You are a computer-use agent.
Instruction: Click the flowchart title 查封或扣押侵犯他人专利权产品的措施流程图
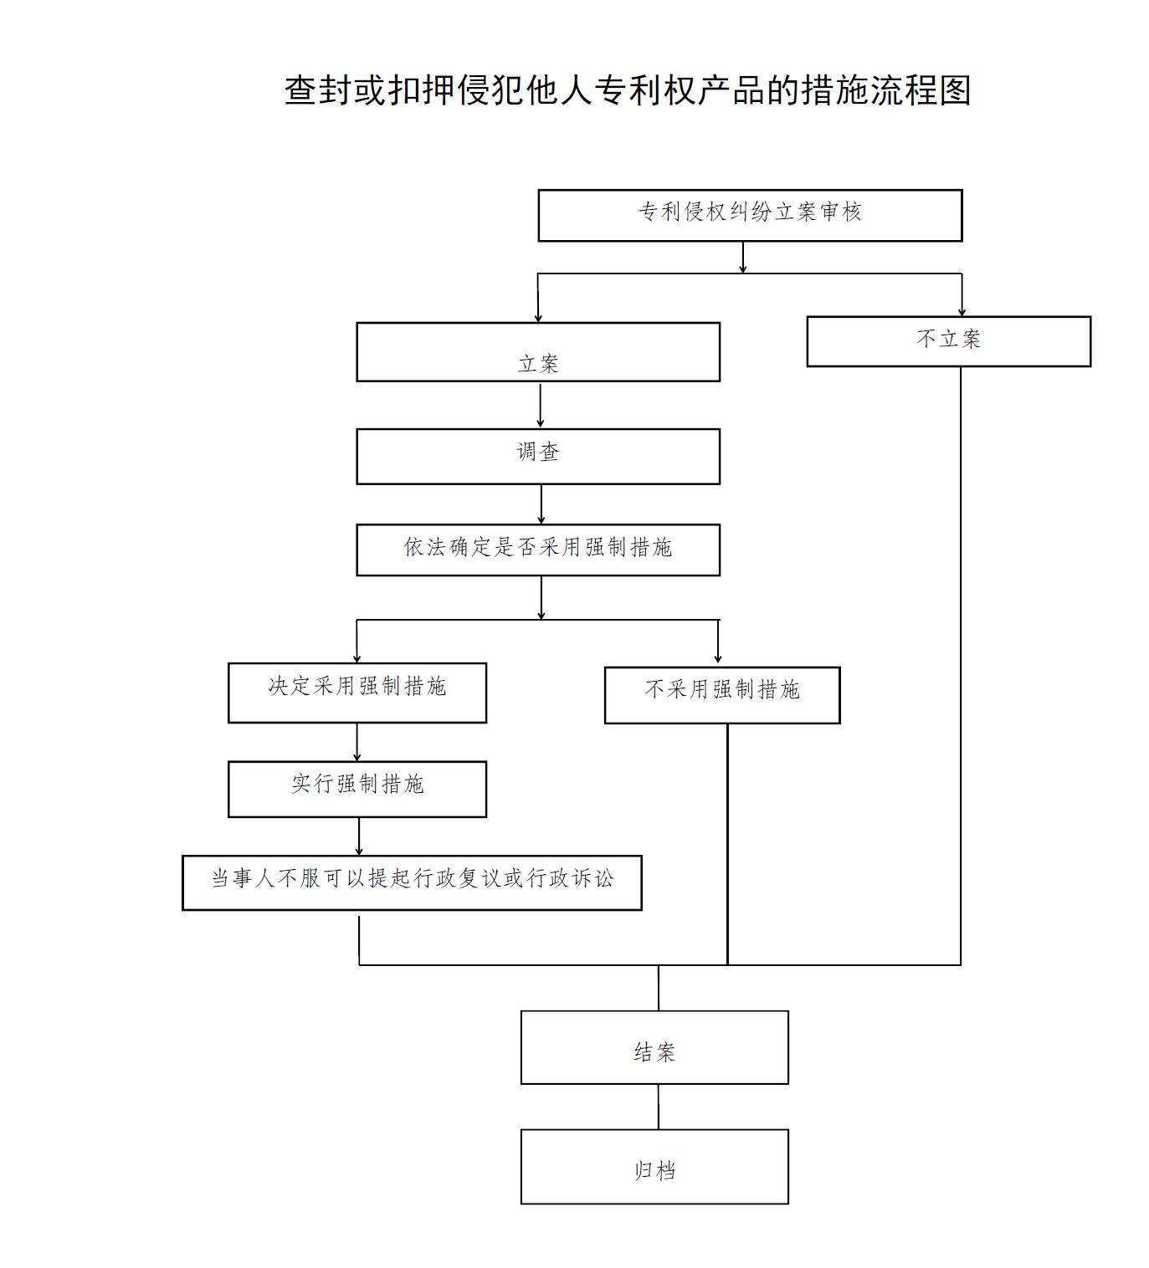[627, 89]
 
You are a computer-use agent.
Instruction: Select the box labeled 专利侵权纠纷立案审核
[750, 216]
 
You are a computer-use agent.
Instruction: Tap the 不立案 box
[948, 341]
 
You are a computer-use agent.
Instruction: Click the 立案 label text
[538, 364]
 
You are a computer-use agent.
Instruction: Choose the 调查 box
[538, 457]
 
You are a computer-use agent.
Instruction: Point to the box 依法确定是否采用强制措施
[538, 550]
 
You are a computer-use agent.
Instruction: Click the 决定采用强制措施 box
[356, 693]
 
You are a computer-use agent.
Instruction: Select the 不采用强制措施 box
[722, 695]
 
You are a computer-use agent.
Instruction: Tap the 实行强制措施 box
[356, 790]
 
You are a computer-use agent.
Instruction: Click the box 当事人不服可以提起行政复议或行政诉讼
[412, 883]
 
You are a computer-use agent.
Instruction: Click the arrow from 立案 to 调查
[540, 405]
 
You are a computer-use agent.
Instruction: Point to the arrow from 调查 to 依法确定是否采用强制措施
[541, 505]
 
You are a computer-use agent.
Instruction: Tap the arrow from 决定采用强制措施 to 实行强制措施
[356, 743]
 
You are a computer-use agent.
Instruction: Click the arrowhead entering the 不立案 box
[962, 312]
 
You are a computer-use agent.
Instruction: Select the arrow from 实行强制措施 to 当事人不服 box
[359, 837]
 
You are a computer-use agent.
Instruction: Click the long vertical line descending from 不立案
[961, 667]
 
